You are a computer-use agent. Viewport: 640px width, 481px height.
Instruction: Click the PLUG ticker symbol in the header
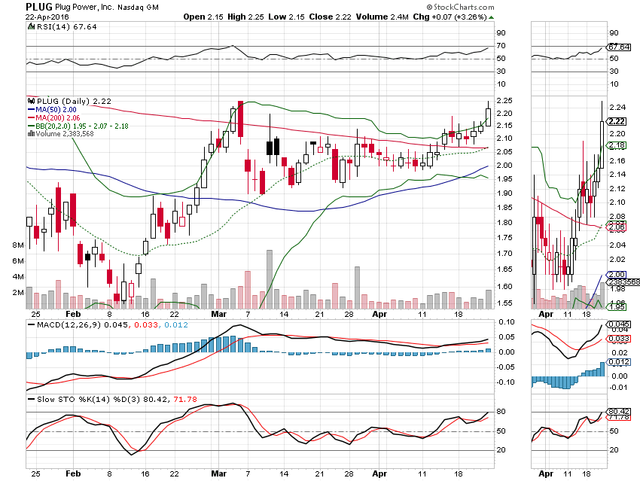pyautogui.click(x=39, y=5)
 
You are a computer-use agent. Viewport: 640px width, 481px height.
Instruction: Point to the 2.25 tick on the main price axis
pyautogui.click(x=504, y=101)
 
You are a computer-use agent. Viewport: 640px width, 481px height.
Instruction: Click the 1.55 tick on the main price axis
pyautogui.click(x=504, y=303)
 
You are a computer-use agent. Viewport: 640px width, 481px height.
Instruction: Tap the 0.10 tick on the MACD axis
pyautogui.click(x=504, y=321)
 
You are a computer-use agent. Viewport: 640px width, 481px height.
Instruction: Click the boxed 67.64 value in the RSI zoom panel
pyautogui.click(x=618, y=47)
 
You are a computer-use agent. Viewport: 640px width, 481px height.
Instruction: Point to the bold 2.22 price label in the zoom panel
pyautogui.click(x=618, y=121)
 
